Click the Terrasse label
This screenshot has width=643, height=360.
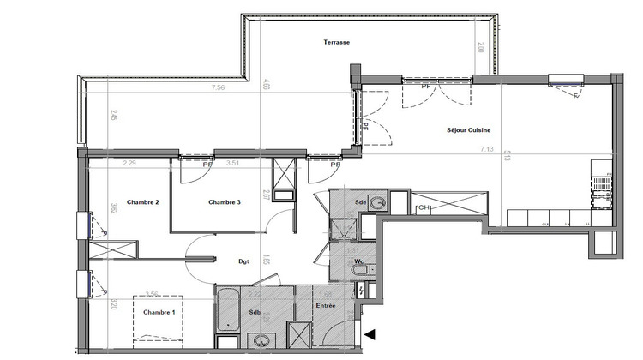336,42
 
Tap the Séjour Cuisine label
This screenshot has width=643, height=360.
468,130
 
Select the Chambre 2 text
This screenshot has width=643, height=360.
143,202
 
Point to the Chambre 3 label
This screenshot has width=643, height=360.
225,202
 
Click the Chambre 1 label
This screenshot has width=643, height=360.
159,312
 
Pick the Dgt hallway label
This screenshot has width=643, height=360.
243,262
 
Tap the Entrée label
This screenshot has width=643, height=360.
325,305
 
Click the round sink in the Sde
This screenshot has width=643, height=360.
377,204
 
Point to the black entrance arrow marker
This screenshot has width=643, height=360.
370,335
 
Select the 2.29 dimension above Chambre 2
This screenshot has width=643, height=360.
130,163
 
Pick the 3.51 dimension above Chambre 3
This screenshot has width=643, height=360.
231,163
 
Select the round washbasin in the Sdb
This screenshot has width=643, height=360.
258,341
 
